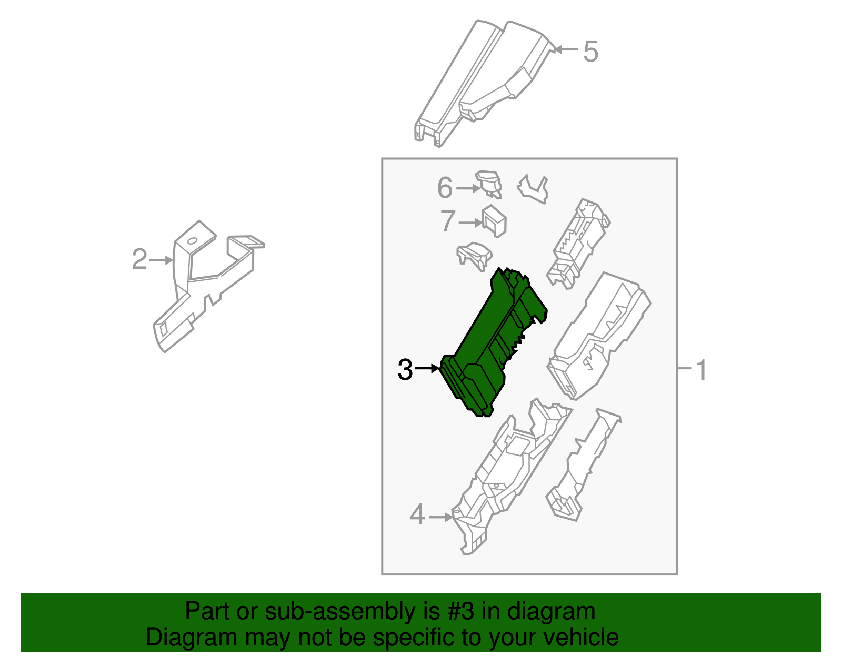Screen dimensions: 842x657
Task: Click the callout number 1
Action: coord(701,370)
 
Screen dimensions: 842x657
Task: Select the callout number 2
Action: coord(139,259)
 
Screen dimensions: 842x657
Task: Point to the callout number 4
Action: coord(417,514)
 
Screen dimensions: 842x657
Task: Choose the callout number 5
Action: coord(590,52)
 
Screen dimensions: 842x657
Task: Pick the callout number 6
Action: coord(445,188)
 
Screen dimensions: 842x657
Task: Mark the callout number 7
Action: coord(447,220)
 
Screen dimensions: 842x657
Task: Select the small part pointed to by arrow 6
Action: coord(489,184)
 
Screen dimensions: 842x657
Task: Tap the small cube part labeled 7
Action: coord(494,221)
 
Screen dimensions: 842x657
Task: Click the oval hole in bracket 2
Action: coord(192,241)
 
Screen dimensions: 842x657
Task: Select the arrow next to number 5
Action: coord(566,49)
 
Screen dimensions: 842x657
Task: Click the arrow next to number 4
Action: coord(440,517)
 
